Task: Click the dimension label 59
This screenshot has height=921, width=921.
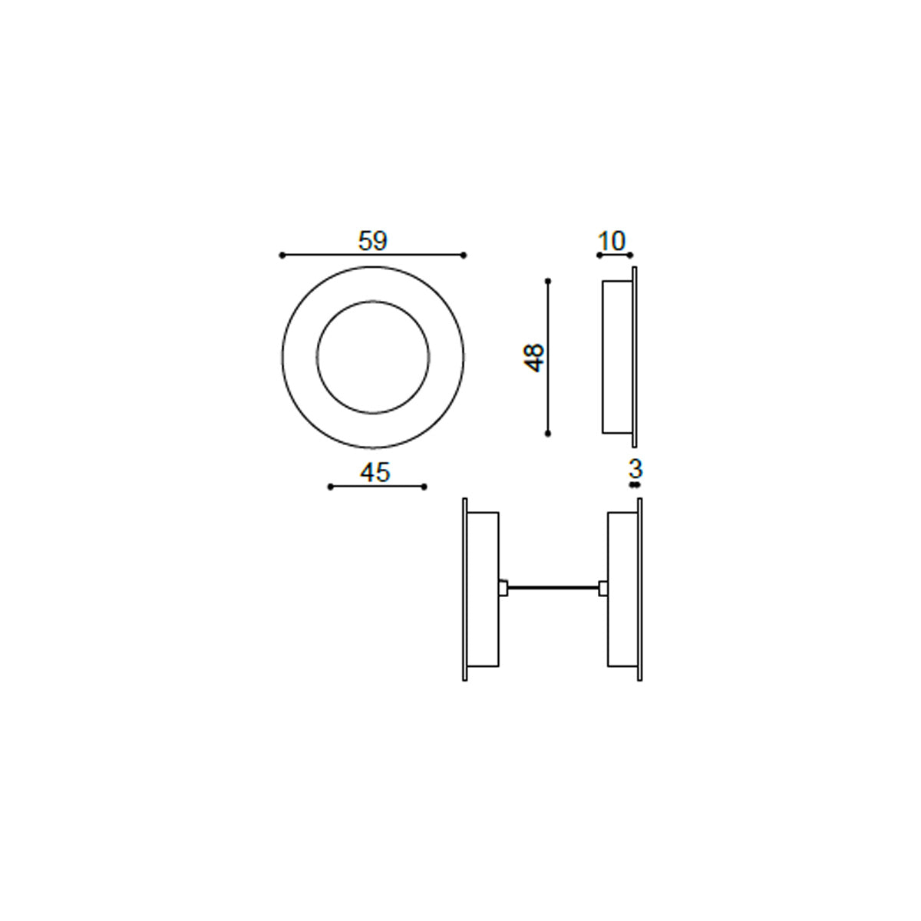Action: pyautogui.click(x=372, y=241)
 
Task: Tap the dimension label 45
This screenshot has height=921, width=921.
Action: pyautogui.click(x=375, y=472)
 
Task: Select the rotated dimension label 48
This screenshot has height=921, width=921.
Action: pyautogui.click(x=534, y=358)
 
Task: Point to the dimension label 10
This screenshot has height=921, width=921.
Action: pyautogui.click(x=611, y=241)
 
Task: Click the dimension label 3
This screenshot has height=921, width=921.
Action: pyautogui.click(x=635, y=469)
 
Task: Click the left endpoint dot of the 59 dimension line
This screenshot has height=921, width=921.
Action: pyautogui.click(x=282, y=256)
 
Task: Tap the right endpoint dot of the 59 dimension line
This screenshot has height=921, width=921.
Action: pyautogui.click(x=463, y=256)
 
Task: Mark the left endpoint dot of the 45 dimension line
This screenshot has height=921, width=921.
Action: pyautogui.click(x=330, y=487)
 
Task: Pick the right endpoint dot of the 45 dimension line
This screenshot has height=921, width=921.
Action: pyautogui.click(x=424, y=487)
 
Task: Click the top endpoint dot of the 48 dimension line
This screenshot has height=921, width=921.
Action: pyautogui.click(x=548, y=281)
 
